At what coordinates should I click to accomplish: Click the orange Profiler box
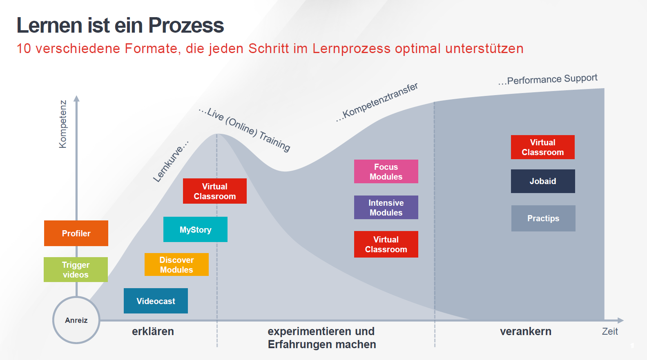76,233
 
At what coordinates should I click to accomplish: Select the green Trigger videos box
76,269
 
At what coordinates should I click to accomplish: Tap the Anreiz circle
76,320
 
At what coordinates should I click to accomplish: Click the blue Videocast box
156,301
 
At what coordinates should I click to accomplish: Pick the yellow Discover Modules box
176,264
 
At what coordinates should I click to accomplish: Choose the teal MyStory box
195,229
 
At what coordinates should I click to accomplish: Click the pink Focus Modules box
386,171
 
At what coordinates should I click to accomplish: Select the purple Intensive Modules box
386,207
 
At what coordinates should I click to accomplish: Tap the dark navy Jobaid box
543,181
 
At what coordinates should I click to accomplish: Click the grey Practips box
543,218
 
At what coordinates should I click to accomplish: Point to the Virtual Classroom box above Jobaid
542,147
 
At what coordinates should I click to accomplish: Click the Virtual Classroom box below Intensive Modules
386,244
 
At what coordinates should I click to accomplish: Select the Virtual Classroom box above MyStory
214,191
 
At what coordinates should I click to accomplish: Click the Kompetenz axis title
62,124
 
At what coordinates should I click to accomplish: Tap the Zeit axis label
610,331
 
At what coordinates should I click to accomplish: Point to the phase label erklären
153,331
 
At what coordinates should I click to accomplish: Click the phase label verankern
526,331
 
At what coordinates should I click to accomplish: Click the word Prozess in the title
186,25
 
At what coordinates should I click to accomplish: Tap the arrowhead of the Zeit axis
620,320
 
